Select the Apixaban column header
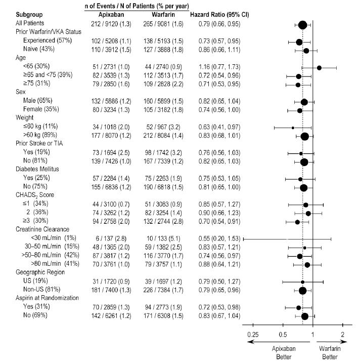click(x=107, y=14)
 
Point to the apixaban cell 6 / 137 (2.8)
click(x=108, y=238)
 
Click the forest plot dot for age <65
click(x=319, y=68)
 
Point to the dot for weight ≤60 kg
click(x=293, y=128)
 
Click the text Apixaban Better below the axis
click(x=284, y=352)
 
